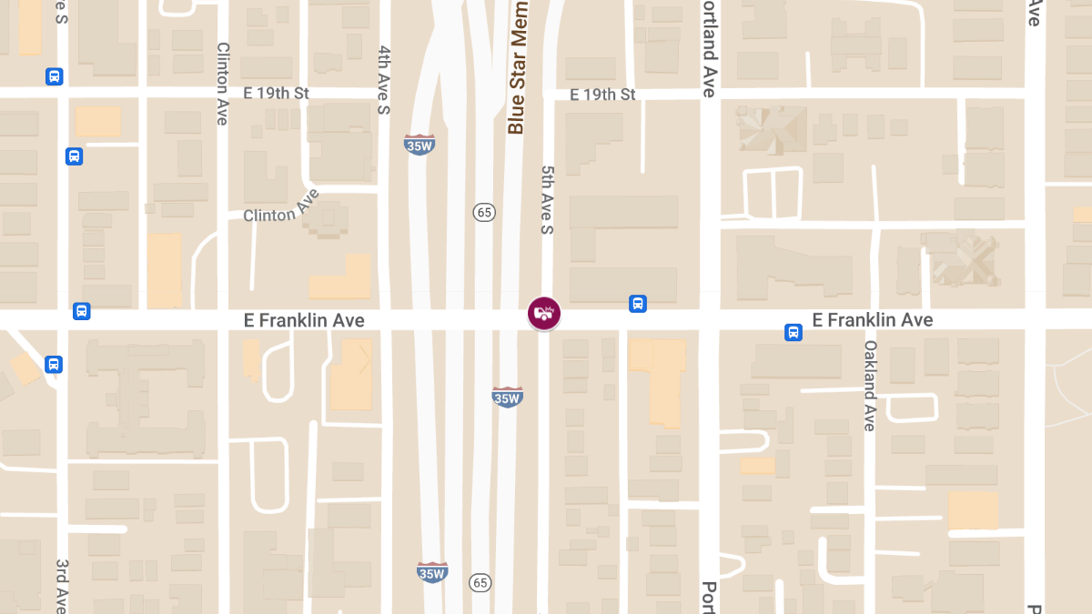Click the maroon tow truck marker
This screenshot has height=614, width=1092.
[544, 314]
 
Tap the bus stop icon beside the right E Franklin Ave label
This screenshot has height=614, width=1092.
[794, 333]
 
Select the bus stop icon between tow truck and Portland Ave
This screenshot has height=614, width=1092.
[638, 304]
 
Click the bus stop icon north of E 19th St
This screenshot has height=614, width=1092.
[55, 76]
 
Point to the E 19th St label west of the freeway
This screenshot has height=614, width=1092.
[277, 94]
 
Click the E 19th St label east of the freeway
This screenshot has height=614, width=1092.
[602, 95]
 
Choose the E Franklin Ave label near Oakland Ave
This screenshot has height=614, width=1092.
[872, 320]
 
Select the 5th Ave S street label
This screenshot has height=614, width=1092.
[547, 200]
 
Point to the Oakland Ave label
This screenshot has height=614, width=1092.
[869, 386]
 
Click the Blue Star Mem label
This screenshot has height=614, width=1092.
[517, 68]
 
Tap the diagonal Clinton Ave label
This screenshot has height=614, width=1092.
[281, 208]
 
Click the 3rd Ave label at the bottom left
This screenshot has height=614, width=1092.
[62, 586]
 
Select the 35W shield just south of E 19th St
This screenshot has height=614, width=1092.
[419, 144]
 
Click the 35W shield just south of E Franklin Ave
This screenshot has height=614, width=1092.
[507, 397]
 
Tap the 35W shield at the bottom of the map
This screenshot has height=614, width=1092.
[432, 571]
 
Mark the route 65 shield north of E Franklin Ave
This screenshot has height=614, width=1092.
[483, 212]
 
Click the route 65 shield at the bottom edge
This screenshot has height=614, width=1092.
[480, 581]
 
